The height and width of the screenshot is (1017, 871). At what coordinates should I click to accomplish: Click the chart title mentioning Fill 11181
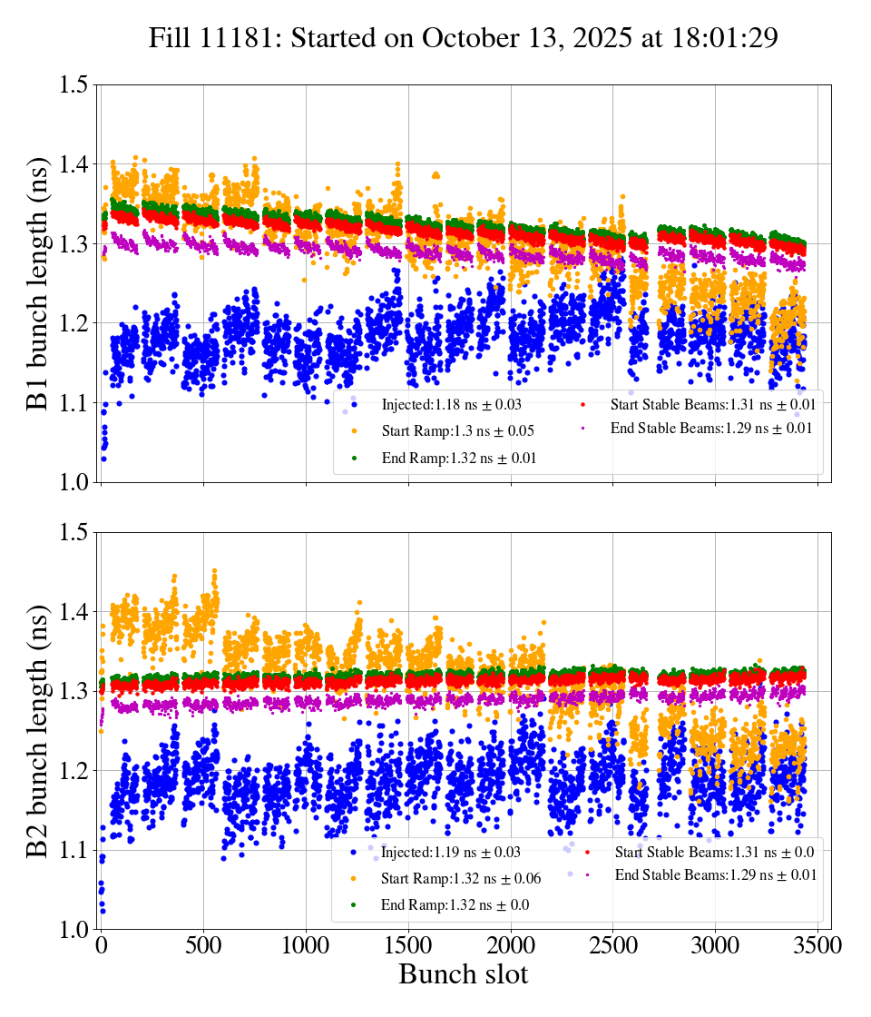[x=463, y=38]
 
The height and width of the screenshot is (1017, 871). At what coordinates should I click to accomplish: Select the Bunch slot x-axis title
[x=463, y=974]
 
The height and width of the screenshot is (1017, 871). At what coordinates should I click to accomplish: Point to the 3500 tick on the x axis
[x=817, y=946]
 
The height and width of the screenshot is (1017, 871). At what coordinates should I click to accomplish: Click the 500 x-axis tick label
[x=204, y=946]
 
